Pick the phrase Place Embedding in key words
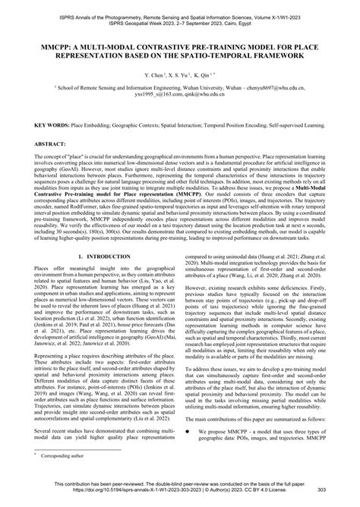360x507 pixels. point(95,124)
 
